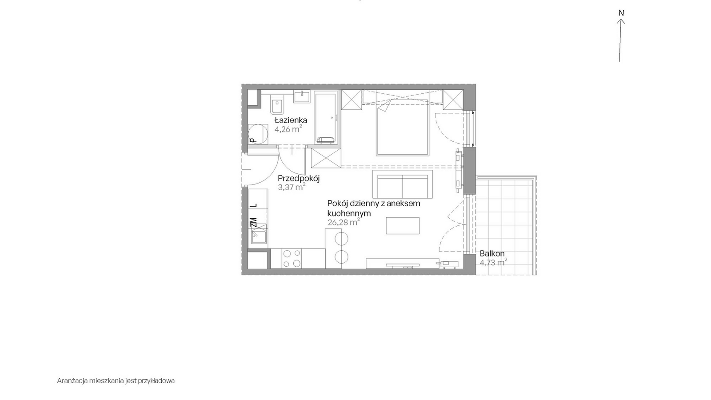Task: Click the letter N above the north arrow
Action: (621, 13)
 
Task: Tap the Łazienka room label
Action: (291, 120)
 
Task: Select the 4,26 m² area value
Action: (288, 129)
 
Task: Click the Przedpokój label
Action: (298, 178)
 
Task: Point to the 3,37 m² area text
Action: (292, 187)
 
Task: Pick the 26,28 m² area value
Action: (344, 222)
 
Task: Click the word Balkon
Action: (492, 254)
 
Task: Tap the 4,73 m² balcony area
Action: (493, 262)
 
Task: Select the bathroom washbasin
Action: (302, 96)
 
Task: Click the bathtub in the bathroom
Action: (326, 118)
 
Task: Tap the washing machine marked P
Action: (257, 134)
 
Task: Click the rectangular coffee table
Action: (403, 226)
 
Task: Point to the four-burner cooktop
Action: (292, 258)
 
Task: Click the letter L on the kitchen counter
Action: (254, 205)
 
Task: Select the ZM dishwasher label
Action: (253, 222)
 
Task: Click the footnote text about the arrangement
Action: (116, 380)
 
